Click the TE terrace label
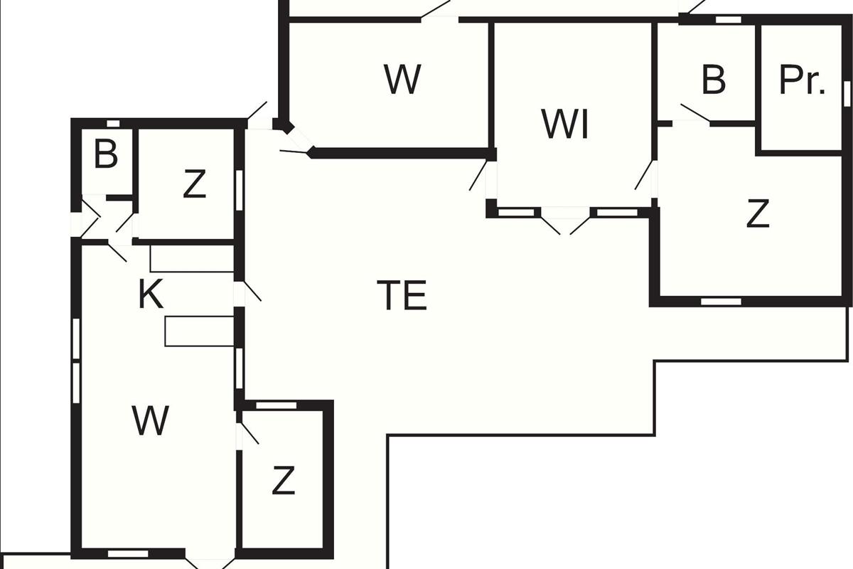pos(402,296)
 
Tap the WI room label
pos(565,125)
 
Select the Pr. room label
pos(803,80)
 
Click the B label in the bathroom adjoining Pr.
pos(713,80)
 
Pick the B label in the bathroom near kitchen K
pos(106,154)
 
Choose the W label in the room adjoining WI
pos(402,79)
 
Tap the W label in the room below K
pos(151,420)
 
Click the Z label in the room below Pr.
pos(758,213)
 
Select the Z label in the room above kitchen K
pos(193,185)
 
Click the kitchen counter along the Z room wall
pos(192,259)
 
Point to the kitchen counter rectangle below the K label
pos(199,331)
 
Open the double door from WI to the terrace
pos(566,222)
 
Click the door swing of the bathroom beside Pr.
pos(694,114)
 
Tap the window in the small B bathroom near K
pos(112,124)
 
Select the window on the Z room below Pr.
pos(721,302)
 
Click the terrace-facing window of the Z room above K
pos(240,190)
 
